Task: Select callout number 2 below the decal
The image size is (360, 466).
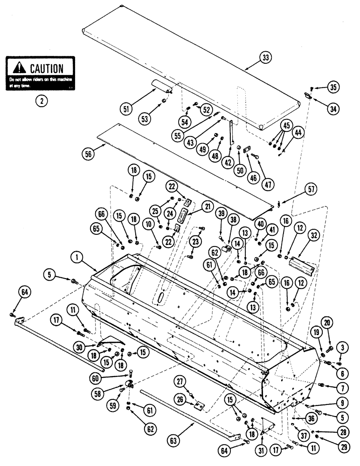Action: [42, 99]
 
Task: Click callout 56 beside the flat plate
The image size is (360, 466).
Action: [87, 152]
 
